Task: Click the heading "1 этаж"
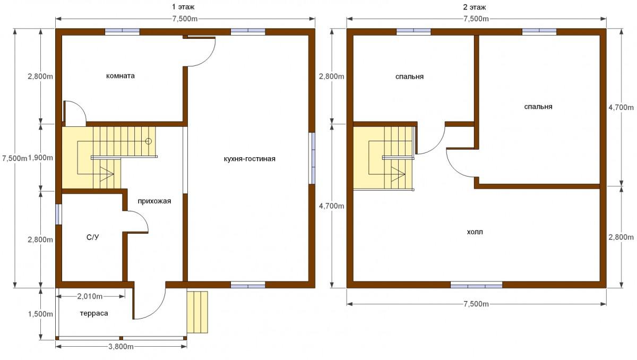(183, 7)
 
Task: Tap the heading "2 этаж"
(475, 7)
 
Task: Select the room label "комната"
(120, 76)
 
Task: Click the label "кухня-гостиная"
(249, 159)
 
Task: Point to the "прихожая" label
(154, 201)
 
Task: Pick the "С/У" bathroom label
(93, 237)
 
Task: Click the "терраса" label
(94, 313)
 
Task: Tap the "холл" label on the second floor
(475, 232)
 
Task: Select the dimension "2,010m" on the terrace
(90, 296)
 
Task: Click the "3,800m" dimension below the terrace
(121, 347)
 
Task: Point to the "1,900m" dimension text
(41, 158)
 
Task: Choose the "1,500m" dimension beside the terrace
(40, 314)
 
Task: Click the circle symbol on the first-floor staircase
(149, 141)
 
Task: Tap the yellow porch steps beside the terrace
(197, 312)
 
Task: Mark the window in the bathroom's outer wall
(58, 215)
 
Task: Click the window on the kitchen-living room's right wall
(312, 158)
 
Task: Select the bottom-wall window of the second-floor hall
(476, 285)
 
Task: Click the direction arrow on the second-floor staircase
(398, 174)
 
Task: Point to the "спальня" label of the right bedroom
(538, 107)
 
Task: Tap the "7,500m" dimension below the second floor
(476, 304)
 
